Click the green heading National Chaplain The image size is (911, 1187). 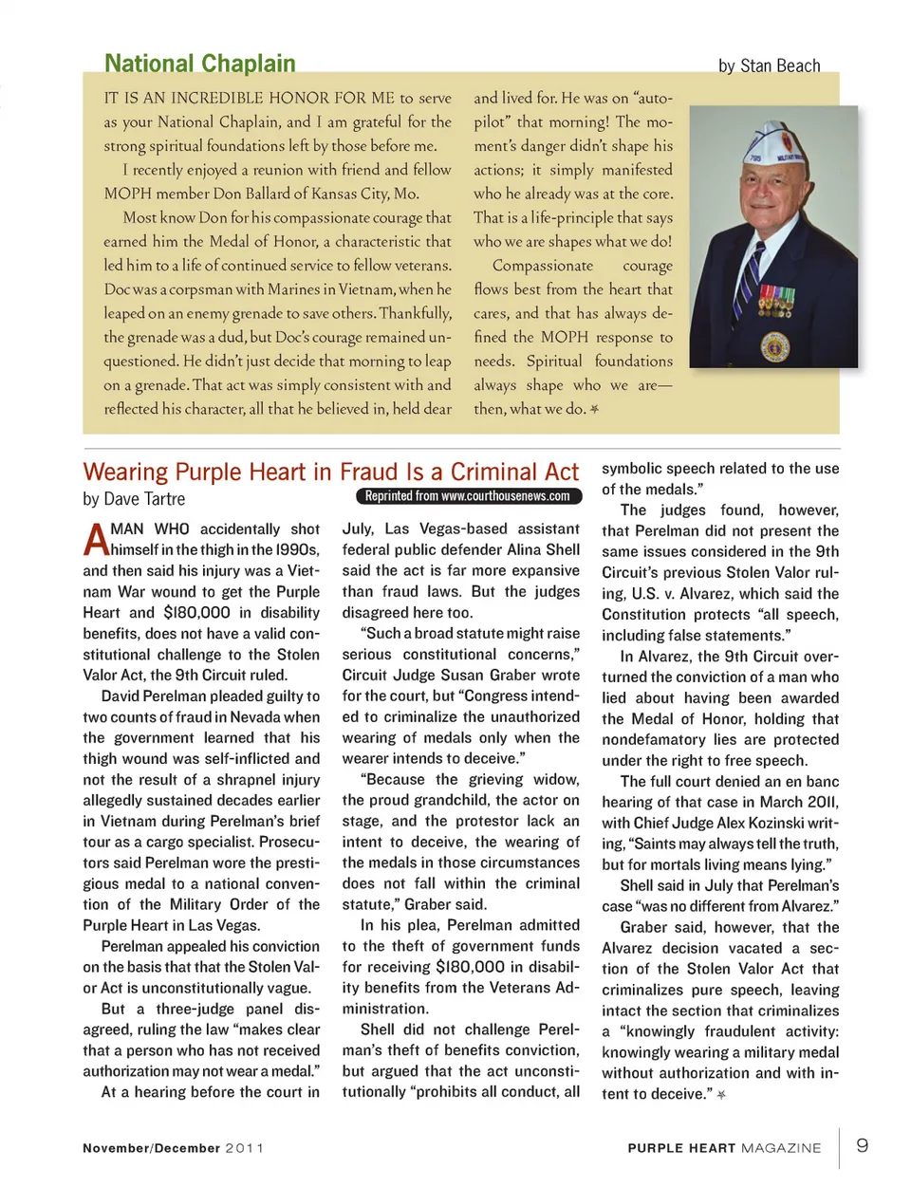pyautogui.click(x=199, y=64)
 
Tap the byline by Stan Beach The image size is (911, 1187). pyautogui.click(x=769, y=65)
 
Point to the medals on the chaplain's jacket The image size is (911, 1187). pyautogui.click(x=776, y=302)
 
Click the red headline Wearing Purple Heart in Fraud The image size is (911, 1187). pyautogui.click(x=330, y=472)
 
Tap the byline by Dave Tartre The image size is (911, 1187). pyautogui.click(x=134, y=499)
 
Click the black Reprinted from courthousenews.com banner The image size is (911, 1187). pyautogui.click(x=468, y=496)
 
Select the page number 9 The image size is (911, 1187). pyautogui.click(x=862, y=1145)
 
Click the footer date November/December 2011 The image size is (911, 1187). pyautogui.click(x=173, y=1148)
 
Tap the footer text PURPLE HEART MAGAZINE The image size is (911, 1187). pyautogui.click(x=724, y=1148)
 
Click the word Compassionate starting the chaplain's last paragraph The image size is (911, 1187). pyautogui.click(x=542, y=266)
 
